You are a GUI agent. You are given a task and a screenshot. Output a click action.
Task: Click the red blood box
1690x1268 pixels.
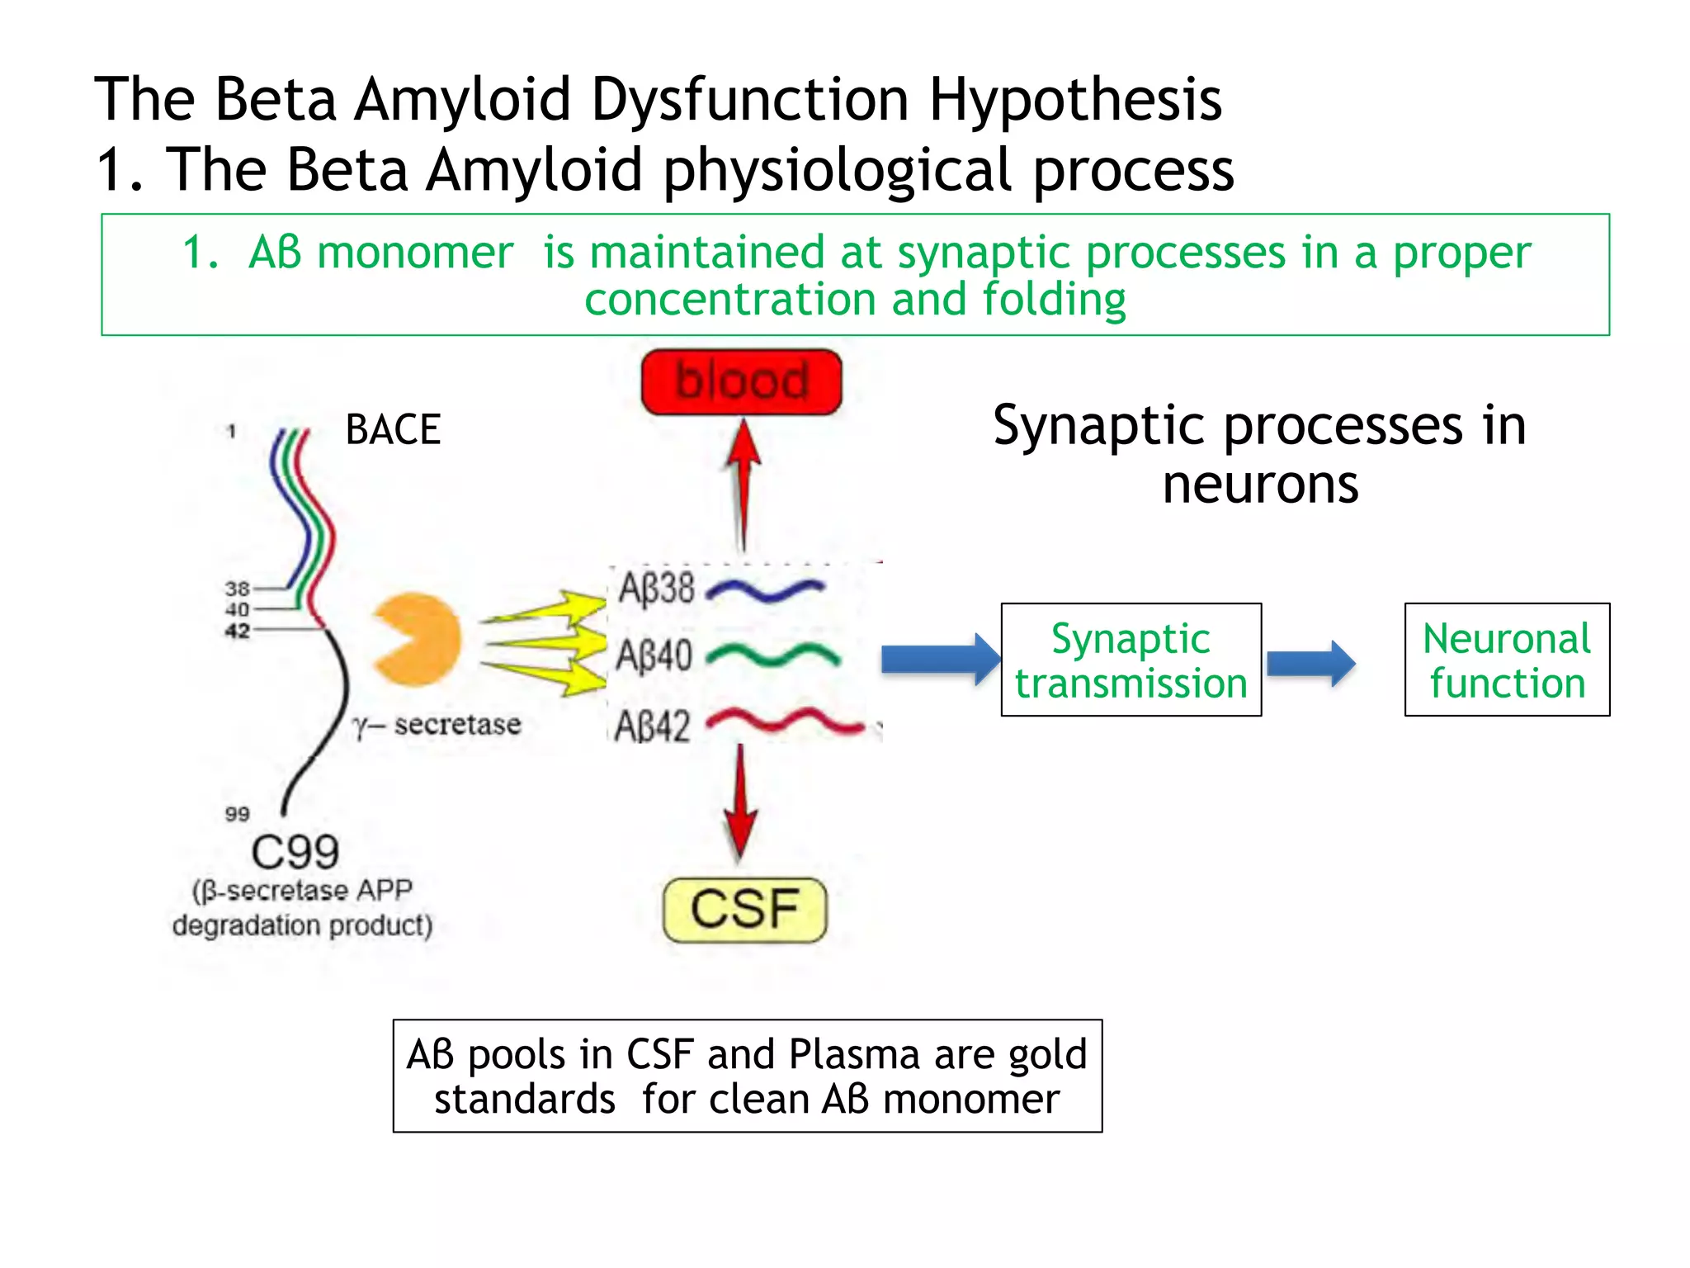741,381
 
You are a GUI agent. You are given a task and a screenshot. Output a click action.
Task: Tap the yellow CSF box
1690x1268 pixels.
744,910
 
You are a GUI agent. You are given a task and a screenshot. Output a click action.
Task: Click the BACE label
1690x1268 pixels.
393,430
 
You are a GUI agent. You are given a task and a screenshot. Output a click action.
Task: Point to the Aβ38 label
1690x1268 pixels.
656,589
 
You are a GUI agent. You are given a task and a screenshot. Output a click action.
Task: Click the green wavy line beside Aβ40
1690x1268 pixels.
773,656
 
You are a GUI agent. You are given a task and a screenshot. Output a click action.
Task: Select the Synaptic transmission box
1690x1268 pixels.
1131,660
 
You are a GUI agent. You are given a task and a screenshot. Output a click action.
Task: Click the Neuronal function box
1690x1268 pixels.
1507,660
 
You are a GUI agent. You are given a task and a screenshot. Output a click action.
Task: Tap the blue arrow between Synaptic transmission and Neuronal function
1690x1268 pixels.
1310,662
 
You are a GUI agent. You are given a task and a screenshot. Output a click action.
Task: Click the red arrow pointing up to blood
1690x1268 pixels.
744,483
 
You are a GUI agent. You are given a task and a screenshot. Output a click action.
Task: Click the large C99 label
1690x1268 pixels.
295,852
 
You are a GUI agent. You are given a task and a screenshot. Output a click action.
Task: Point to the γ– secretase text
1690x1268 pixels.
437,725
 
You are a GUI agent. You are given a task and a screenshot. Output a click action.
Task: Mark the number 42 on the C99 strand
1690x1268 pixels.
237,631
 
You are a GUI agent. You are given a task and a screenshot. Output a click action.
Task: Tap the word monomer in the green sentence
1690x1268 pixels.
415,253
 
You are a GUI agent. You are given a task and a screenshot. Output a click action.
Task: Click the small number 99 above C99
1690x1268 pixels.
237,814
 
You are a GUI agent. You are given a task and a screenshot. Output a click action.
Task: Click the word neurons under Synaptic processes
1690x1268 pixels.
1260,485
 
